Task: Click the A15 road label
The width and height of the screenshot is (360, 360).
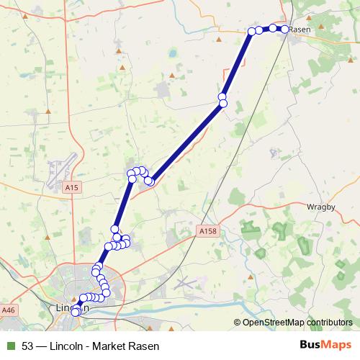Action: (70, 187)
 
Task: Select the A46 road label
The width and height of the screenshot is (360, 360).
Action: (9, 310)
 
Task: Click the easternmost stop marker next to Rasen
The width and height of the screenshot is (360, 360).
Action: (284, 29)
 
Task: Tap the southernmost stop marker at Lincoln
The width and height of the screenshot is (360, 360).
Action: (75, 312)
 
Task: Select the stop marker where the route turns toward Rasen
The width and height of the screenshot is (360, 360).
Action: (252, 31)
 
